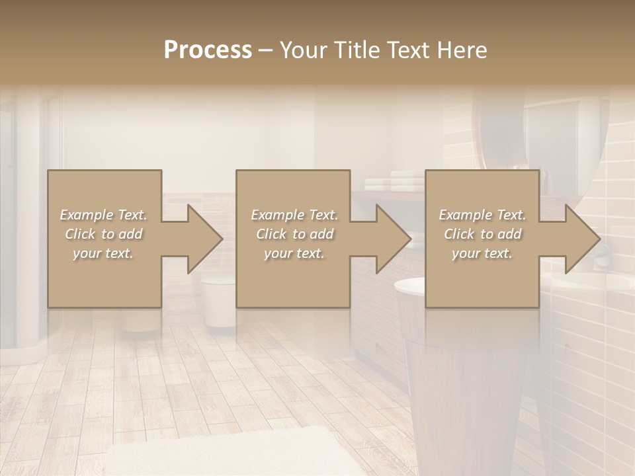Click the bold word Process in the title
tap(208, 50)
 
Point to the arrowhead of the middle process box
tap(393, 239)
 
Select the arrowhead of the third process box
tap(581, 239)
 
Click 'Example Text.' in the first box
tap(103, 215)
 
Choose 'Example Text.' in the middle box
tap(294, 215)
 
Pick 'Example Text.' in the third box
tap(482, 215)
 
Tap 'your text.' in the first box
tap(103, 253)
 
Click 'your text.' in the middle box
tap(294, 253)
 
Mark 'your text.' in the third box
tap(482, 253)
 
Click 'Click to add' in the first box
tap(103, 234)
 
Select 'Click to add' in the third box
tap(482, 234)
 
